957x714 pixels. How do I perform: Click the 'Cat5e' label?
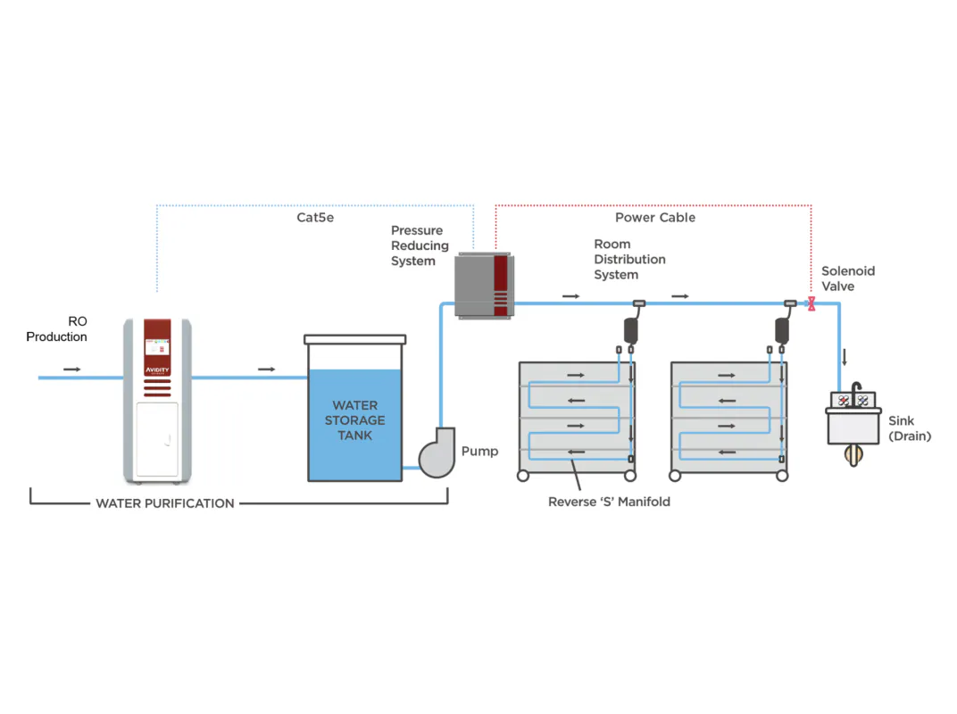pyautogui.click(x=315, y=217)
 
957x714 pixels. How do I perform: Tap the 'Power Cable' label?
pyautogui.click(x=654, y=217)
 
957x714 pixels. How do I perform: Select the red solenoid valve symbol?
pyautogui.click(x=811, y=304)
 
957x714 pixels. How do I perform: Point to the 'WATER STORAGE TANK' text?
pyautogui.click(x=354, y=419)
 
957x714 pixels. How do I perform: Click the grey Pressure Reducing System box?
pyautogui.click(x=482, y=285)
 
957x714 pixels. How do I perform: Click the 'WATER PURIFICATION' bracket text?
pyautogui.click(x=165, y=502)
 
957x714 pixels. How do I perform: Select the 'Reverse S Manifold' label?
pyautogui.click(x=609, y=502)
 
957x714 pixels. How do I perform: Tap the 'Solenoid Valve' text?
pyautogui.click(x=847, y=278)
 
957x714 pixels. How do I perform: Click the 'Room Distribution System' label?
pyautogui.click(x=629, y=259)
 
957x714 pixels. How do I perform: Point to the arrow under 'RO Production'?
pyautogui.click(x=72, y=369)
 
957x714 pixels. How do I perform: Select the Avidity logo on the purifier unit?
pyautogui.click(x=157, y=368)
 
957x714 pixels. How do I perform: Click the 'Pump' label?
pyautogui.click(x=479, y=451)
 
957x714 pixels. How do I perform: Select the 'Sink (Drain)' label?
pyautogui.click(x=909, y=428)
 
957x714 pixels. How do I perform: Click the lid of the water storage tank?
pyautogui.click(x=354, y=339)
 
